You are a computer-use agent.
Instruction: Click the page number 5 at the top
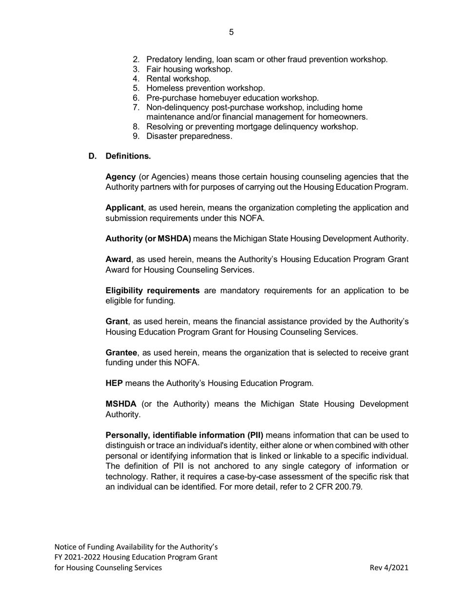click(231, 32)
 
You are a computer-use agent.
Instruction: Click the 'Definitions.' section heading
click(128, 156)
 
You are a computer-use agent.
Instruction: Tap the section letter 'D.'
click(93, 156)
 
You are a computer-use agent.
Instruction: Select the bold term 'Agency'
click(120, 177)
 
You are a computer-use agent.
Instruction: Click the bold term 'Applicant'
click(124, 208)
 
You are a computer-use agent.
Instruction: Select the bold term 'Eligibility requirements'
click(153, 291)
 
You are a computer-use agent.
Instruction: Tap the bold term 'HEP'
click(114, 383)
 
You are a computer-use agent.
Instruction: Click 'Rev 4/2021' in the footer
click(389, 567)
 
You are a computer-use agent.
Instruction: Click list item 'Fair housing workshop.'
click(189, 69)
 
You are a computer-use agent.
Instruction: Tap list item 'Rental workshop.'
click(178, 79)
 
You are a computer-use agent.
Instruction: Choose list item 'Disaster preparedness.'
click(189, 136)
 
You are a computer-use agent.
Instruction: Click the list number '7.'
click(136, 107)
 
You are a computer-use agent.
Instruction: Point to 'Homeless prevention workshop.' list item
click(205, 88)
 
